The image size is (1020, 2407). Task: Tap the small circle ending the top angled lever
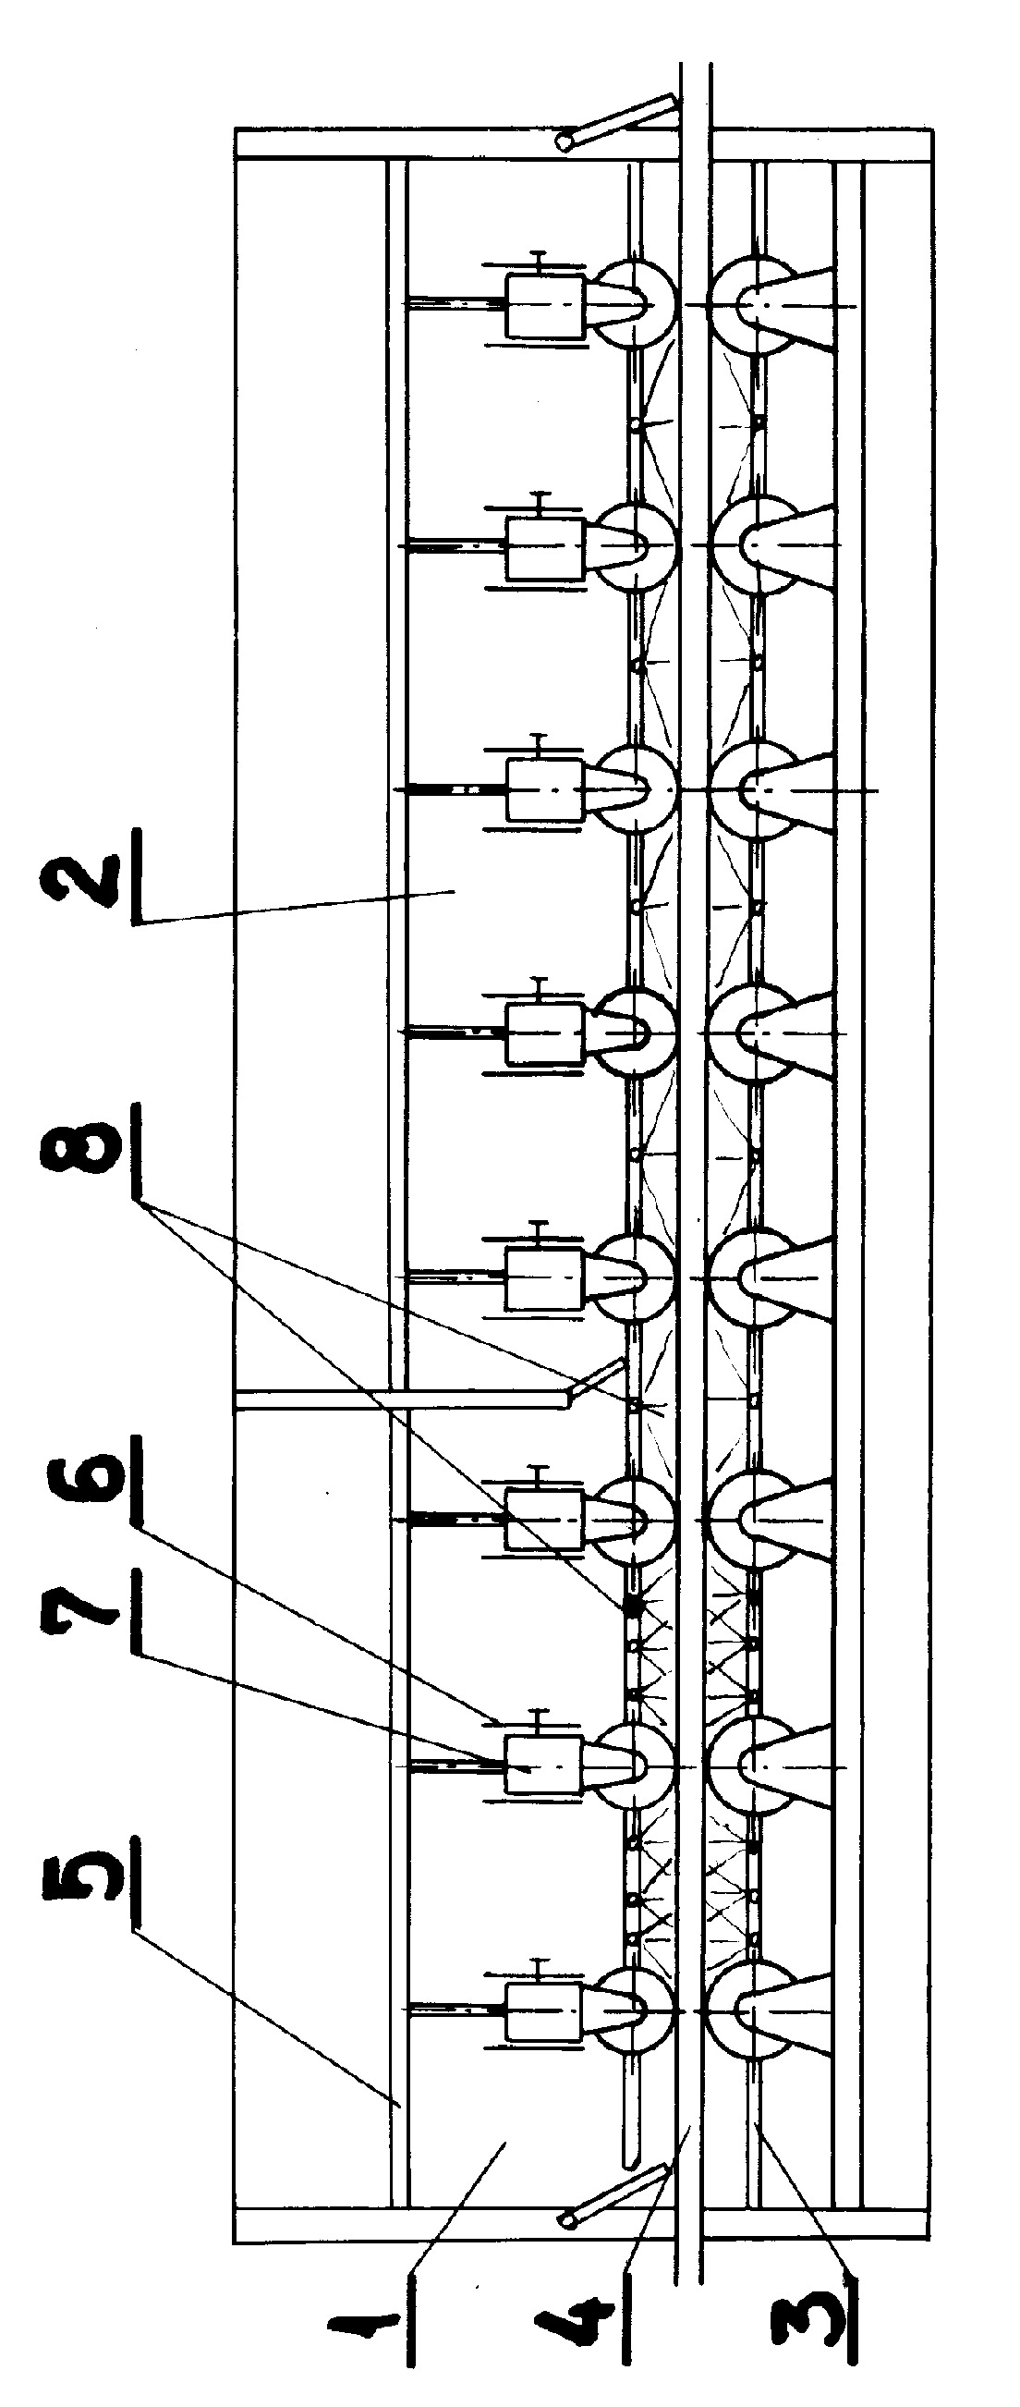[565, 143]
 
